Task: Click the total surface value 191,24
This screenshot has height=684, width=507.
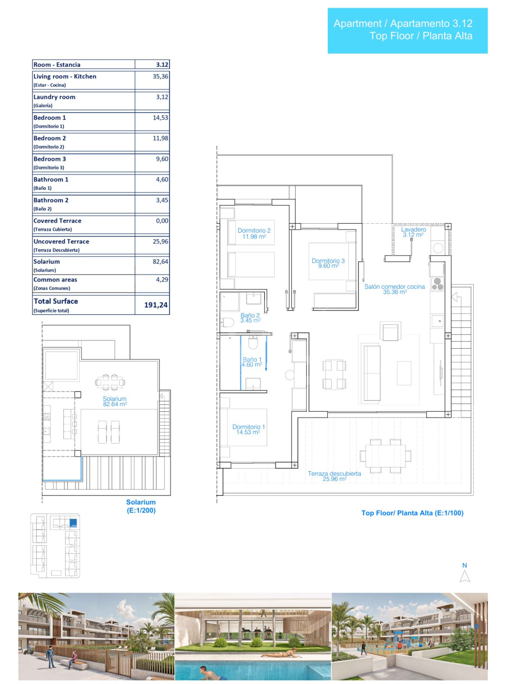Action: point(156,305)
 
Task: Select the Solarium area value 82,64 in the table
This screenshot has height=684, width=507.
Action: point(161,262)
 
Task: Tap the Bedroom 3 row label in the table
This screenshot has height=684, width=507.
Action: point(50,159)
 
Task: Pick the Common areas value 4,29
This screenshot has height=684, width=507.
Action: point(162,280)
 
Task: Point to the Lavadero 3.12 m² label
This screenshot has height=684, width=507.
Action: point(413,232)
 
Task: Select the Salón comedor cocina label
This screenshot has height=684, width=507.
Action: point(394,286)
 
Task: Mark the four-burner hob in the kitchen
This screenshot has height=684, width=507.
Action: point(438,284)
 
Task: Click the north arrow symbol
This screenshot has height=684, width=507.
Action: point(465,576)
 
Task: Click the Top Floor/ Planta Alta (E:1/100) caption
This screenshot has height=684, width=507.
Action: point(412,513)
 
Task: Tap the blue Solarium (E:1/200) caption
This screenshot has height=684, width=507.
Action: point(141,506)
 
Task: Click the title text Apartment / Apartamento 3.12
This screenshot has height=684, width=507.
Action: point(403,23)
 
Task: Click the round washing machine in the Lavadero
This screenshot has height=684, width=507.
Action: point(438,247)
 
